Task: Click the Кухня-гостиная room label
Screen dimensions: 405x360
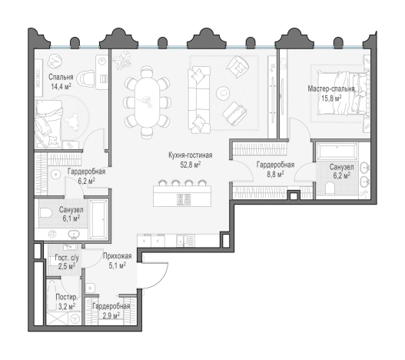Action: (x=191, y=155)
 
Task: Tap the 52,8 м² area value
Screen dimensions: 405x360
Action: (x=191, y=165)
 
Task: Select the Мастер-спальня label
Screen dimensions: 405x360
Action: (x=331, y=89)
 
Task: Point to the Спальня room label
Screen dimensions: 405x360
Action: (x=61, y=77)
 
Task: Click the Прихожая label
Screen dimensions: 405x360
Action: (x=118, y=256)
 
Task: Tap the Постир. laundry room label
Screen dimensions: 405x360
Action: (x=67, y=298)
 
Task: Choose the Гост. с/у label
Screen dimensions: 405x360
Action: (x=67, y=258)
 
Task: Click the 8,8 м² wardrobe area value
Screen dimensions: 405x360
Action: (x=275, y=174)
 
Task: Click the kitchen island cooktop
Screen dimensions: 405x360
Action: (x=184, y=199)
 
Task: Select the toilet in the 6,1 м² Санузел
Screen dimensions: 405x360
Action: (x=45, y=213)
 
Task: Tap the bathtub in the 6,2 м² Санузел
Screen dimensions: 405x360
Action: (x=337, y=152)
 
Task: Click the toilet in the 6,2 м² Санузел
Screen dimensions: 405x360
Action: (x=330, y=188)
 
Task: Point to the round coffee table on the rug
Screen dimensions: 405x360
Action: (x=223, y=92)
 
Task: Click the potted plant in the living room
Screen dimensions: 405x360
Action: (x=122, y=60)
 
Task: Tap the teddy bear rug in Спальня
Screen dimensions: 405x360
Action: (x=72, y=122)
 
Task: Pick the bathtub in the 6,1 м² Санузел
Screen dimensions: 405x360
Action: (x=98, y=219)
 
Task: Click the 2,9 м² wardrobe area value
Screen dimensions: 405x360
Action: (x=111, y=315)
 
